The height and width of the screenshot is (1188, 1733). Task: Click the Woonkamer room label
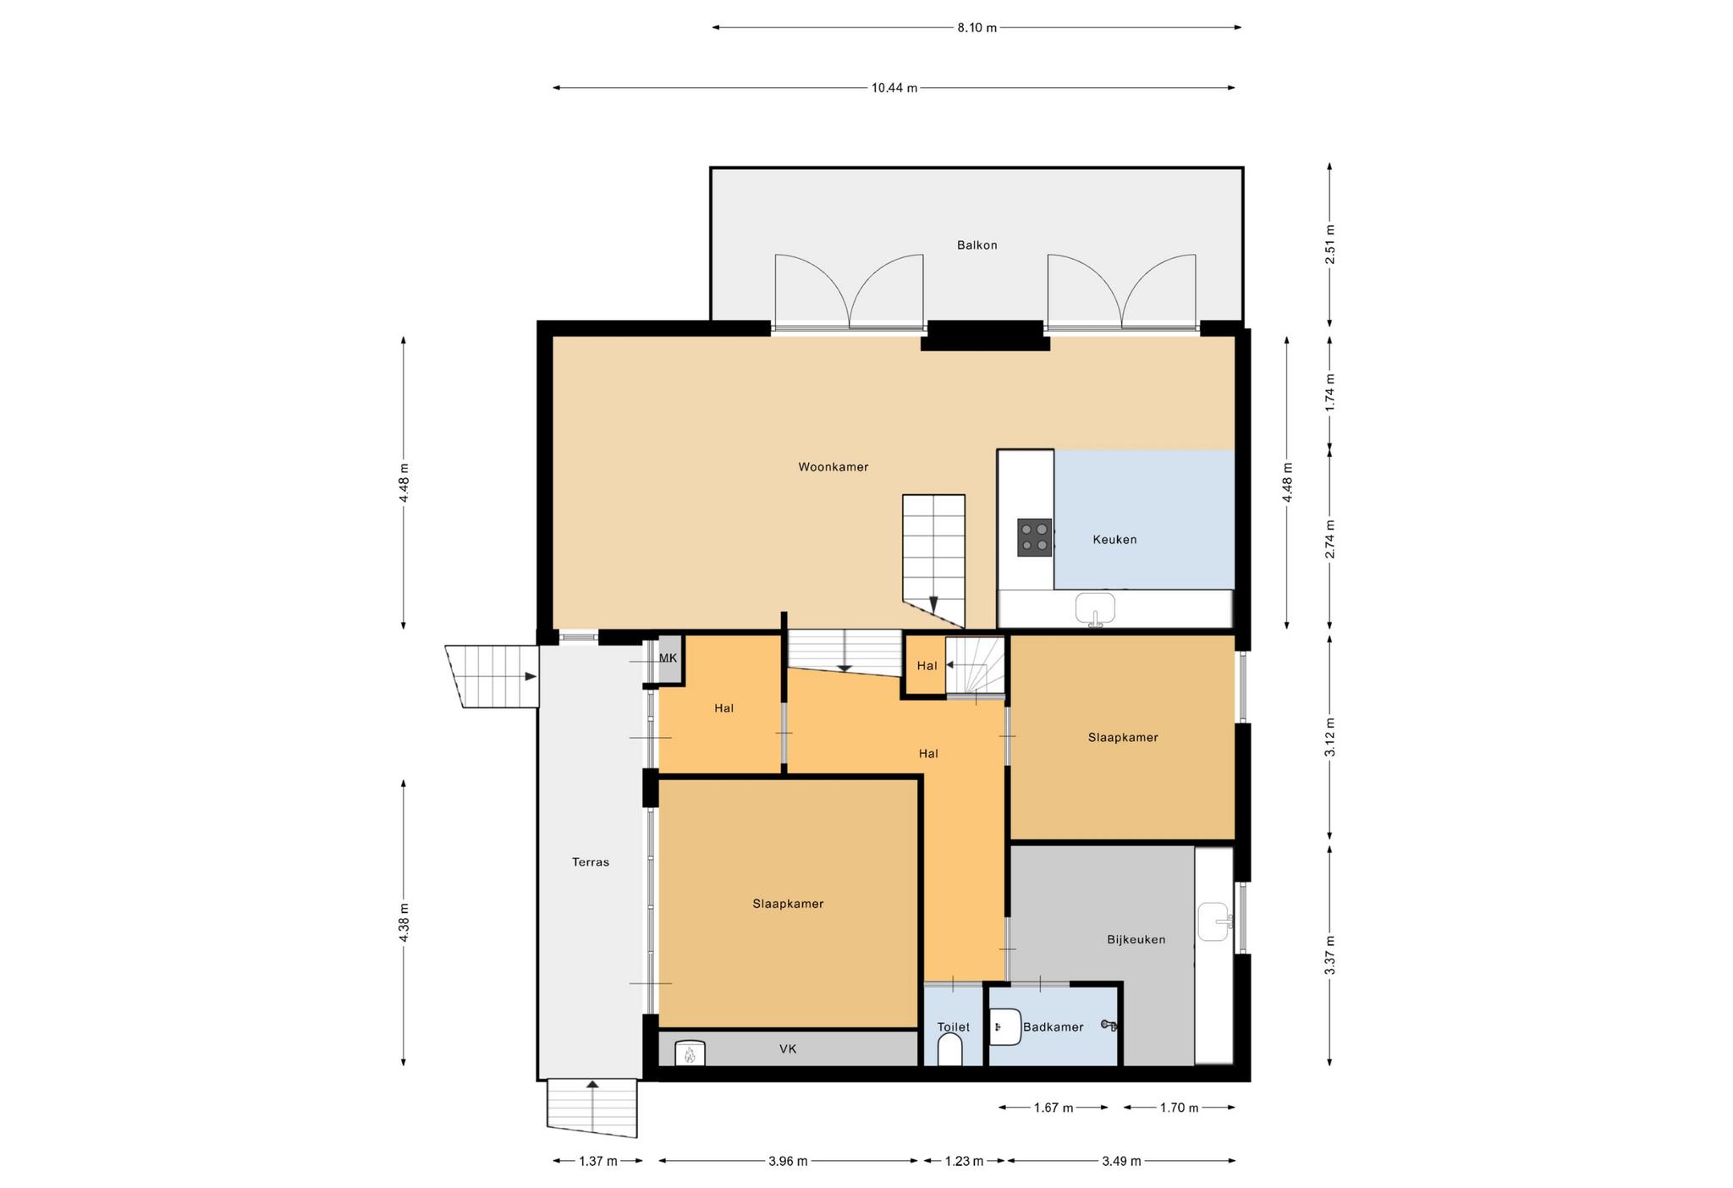[833, 467]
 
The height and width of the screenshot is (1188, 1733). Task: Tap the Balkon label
[977, 245]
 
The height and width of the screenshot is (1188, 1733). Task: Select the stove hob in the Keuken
[1035, 537]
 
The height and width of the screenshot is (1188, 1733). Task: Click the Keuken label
[1114, 540]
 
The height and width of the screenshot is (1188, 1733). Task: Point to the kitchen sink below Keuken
[1096, 608]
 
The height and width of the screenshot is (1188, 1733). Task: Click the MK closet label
[668, 658]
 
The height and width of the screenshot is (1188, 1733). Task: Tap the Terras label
[591, 862]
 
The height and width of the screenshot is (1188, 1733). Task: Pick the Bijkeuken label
[1136, 939]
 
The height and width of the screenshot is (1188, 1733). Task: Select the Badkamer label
[1054, 1027]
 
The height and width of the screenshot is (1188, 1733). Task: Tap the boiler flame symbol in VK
[690, 1054]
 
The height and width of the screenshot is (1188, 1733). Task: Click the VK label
[788, 1049]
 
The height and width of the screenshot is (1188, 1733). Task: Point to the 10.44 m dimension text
[894, 88]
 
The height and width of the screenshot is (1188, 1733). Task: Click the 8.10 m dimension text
[977, 28]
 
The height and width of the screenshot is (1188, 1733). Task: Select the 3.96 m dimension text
[788, 1161]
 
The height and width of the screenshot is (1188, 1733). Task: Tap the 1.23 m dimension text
[964, 1161]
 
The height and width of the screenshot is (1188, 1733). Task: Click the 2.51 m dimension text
[1330, 245]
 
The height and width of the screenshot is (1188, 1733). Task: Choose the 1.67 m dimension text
[1054, 1108]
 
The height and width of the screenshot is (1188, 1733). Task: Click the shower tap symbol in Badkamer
[1109, 1026]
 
